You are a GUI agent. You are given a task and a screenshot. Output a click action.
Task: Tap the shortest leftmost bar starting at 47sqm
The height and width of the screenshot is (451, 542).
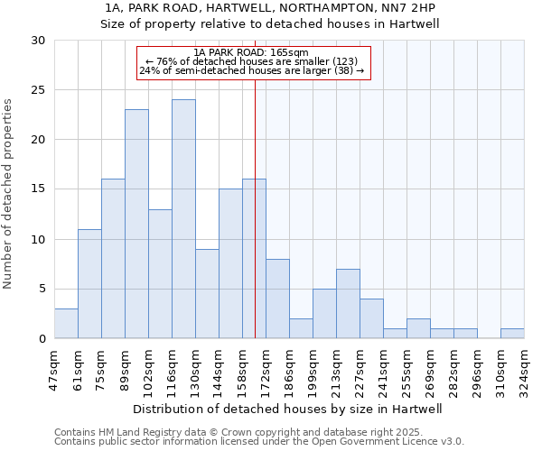tap(66, 323)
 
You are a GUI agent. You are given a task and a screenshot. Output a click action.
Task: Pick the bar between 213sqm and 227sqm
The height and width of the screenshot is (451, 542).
tap(348, 303)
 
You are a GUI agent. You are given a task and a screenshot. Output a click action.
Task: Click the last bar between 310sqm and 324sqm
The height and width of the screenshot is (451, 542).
tap(512, 333)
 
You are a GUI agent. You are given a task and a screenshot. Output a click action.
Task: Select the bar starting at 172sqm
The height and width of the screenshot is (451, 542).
tap(277, 299)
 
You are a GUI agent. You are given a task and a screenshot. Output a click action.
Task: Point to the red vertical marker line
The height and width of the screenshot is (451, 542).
tap(256, 225)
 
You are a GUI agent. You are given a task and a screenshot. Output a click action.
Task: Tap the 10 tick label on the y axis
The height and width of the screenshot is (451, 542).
tap(39, 239)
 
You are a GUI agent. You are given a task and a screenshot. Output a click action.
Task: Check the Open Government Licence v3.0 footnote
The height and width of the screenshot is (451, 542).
tap(259, 441)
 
